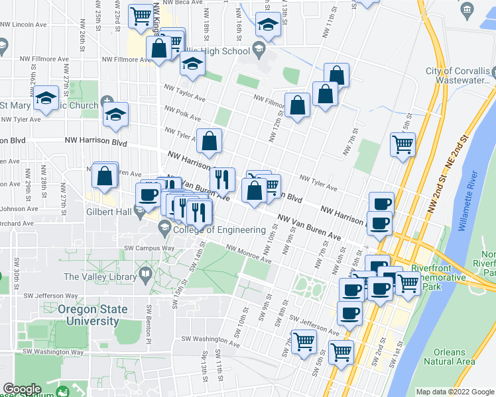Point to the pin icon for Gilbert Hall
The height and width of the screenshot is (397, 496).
pos(139,212)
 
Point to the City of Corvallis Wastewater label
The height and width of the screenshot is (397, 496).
pos(460,75)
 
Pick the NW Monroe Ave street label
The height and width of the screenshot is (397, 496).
pos(249,254)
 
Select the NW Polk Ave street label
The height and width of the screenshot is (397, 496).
pos(183,113)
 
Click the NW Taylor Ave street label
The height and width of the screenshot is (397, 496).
pos(184,95)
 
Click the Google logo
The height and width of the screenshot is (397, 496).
pos(22,390)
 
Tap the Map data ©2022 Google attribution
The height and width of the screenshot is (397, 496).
pos(455,392)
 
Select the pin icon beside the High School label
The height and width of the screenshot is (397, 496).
pos(257,50)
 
